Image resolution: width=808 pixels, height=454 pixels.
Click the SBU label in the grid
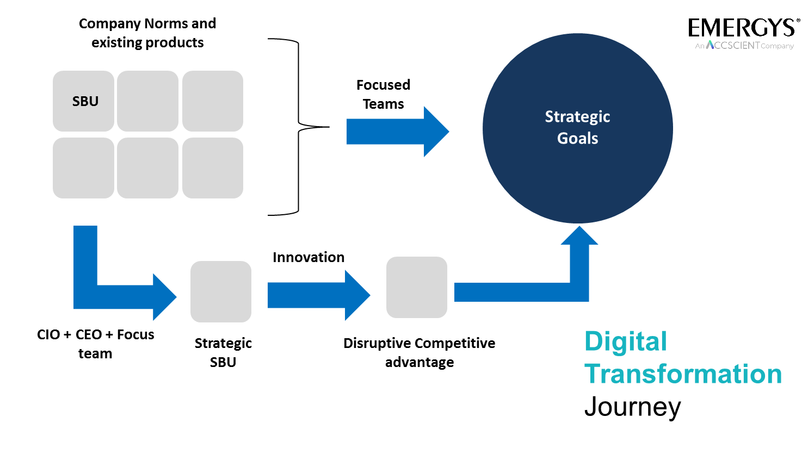tap(85, 102)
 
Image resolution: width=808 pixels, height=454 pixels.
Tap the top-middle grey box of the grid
tap(147, 101)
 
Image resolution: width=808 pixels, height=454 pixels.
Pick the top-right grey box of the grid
tap(213, 101)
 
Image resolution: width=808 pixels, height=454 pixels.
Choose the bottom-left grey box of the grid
tap(83, 168)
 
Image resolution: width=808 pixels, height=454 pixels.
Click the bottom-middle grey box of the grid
tap(147, 168)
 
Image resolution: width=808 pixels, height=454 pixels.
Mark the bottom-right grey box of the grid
tap(213, 168)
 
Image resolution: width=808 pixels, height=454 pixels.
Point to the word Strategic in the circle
tap(577, 117)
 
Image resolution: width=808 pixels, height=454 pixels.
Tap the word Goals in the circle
tap(577, 139)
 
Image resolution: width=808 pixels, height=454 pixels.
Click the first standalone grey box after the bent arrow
tap(221, 291)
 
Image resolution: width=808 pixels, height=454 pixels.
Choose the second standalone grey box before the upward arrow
tap(417, 287)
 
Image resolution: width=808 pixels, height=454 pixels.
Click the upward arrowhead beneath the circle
tap(579, 236)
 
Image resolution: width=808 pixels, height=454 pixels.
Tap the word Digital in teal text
tap(625, 342)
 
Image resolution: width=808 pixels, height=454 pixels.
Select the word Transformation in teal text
tap(683, 374)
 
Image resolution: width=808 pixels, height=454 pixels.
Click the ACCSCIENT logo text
tap(733, 45)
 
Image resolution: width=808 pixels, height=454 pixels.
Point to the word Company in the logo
tap(778, 46)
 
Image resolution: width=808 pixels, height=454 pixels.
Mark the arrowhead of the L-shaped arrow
tap(164, 297)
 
